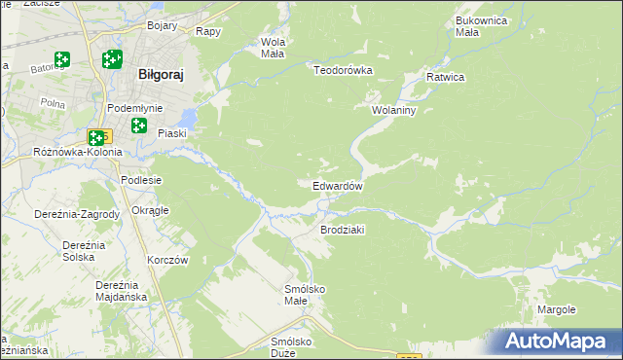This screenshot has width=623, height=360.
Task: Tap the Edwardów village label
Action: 338,186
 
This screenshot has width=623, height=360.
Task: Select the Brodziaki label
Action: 342,230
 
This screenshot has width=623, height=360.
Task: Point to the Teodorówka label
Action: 343,70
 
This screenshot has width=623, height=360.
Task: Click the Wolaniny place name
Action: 394,110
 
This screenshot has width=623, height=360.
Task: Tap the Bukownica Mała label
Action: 484,25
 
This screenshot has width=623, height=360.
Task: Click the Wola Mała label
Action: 272,48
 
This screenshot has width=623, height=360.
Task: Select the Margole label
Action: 557,309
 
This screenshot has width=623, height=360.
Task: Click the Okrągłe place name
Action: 150,210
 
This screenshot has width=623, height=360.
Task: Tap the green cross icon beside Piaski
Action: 139,126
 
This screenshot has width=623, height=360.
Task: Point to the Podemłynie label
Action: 135,108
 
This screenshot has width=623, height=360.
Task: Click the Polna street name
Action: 54,100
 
